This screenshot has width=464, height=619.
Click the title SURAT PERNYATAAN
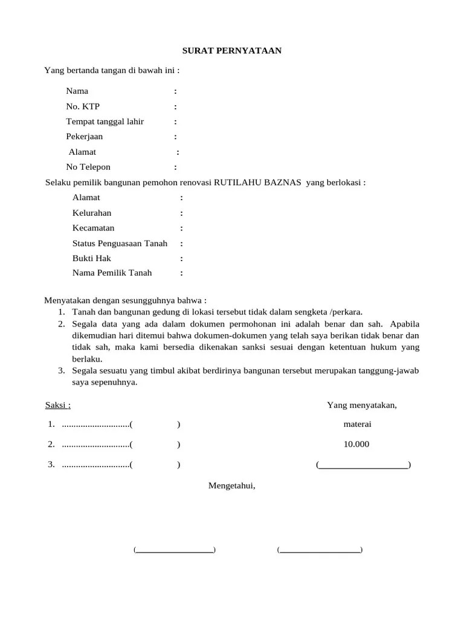coord(232,51)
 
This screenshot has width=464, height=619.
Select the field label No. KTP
coord(83,106)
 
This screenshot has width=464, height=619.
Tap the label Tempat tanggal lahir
coord(105,122)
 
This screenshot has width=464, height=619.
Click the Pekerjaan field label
coord(84,137)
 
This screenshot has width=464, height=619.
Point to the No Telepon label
coord(88,167)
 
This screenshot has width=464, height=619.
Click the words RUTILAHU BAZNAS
coord(258,183)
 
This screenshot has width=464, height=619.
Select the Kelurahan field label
coord(92,213)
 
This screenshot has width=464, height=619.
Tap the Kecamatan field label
coord(93,228)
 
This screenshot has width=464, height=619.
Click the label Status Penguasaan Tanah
coord(120,243)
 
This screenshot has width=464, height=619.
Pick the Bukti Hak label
coord(92,258)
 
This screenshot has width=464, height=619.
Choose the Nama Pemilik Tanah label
coord(112,273)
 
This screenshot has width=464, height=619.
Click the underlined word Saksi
coord(57,405)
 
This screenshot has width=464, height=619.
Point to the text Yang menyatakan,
coord(362,405)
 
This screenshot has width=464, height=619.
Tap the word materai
coord(357,424)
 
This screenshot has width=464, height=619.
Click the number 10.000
coord(356,444)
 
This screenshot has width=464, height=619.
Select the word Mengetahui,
coord(232,485)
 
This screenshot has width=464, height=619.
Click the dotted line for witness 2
coord(95,445)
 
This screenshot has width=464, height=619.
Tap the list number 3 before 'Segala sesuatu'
coord(61,370)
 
